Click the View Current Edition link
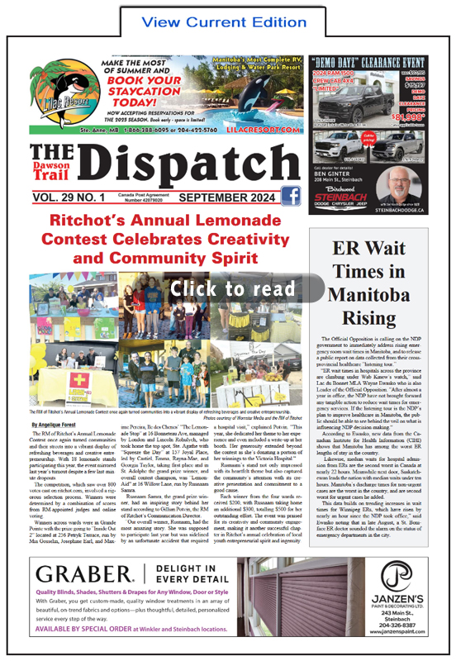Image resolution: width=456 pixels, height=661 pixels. coord(227,19)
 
